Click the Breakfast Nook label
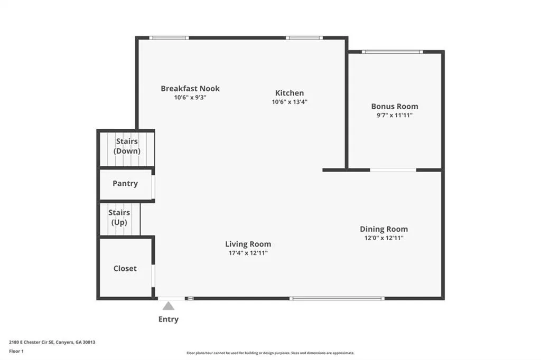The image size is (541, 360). pyautogui.click(x=190, y=89)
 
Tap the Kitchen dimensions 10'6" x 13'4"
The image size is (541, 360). pyautogui.click(x=290, y=102)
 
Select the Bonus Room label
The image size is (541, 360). pyautogui.click(x=395, y=107)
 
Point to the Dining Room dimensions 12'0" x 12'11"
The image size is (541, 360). pyautogui.click(x=384, y=238)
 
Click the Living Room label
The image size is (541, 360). pyautogui.click(x=248, y=244)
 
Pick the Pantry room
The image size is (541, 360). pyautogui.click(x=126, y=184)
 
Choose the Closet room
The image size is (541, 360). pyautogui.click(x=126, y=268)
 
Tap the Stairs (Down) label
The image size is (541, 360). pyautogui.click(x=127, y=146)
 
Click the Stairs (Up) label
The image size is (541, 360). pyautogui.click(x=119, y=217)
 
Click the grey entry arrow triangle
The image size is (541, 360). pyautogui.click(x=169, y=306)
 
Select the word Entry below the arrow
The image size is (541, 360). pyautogui.click(x=169, y=319)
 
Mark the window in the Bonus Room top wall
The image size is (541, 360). pyautogui.click(x=393, y=52)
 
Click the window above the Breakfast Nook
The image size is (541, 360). pyautogui.click(x=169, y=38)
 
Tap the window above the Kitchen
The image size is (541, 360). pyautogui.click(x=304, y=38)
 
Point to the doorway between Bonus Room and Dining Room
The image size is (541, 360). pyautogui.click(x=393, y=170)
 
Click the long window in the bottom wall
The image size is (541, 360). pyautogui.click(x=337, y=298)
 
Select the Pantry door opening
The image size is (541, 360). pyautogui.click(x=153, y=187)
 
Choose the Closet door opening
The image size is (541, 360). pyautogui.click(x=153, y=276)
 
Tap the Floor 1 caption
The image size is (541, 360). pyautogui.click(x=16, y=352)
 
